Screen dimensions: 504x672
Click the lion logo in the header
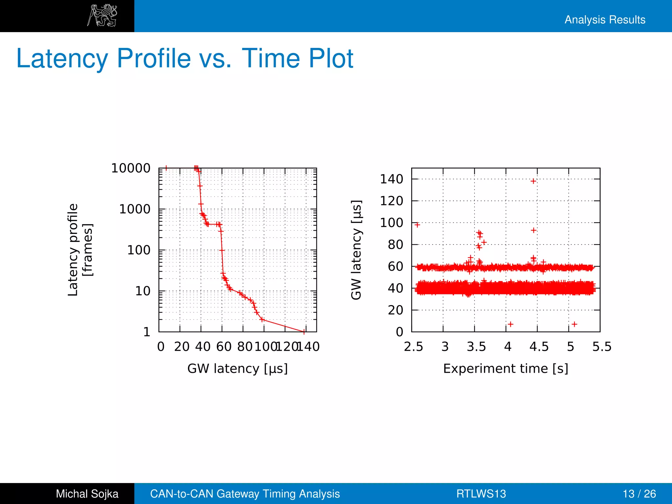click(102, 15)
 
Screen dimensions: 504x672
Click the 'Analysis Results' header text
click(605, 20)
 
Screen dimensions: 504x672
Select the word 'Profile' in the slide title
click(154, 59)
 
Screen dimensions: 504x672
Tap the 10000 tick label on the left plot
click(131, 168)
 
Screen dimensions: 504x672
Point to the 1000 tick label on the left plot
click(135, 209)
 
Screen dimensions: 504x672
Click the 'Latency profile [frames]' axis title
click(80, 250)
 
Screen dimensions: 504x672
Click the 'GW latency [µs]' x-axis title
click(237, 368)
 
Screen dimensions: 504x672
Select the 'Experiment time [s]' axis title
click(505, 368)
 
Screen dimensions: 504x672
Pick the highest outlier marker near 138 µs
click(534, 181)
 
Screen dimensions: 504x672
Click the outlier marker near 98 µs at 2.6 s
click(417, 225)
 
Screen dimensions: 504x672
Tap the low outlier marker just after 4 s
click(511, 324)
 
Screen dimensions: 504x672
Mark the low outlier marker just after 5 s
click(575, 324)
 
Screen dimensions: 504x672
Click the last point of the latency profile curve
click(304, 332)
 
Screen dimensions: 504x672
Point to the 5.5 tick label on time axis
click(602, 347)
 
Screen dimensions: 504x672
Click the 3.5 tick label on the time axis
click(476, 347)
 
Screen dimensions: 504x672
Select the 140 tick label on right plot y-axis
click(391, 179)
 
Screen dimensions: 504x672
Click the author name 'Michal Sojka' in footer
click(87, 494)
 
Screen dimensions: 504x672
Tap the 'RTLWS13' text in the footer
click(481, 494)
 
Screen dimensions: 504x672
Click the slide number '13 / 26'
click(639, 494)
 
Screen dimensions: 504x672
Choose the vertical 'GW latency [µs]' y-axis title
click(356, 250)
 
